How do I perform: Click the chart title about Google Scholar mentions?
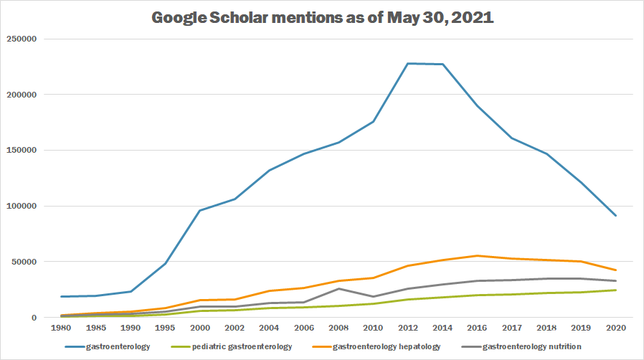tap(322, 17)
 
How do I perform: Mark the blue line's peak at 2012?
tap(408, 64)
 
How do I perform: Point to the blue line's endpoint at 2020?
tap(614, 215)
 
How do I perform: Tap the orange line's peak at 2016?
tap(477, 256)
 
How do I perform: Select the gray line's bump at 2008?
tap(339, 288)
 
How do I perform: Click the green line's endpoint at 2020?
tap(614, 290)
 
